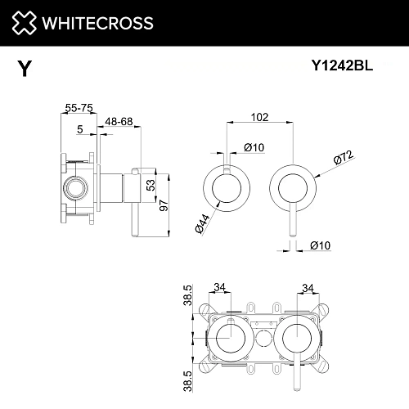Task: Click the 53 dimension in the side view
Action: click(x=151, y=186)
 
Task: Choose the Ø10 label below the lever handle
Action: click(x=321, y=245)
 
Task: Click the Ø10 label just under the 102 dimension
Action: click(x=253, y=147)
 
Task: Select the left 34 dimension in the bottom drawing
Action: click(x=219, y=287)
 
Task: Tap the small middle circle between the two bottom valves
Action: click(x=263, y=339)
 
